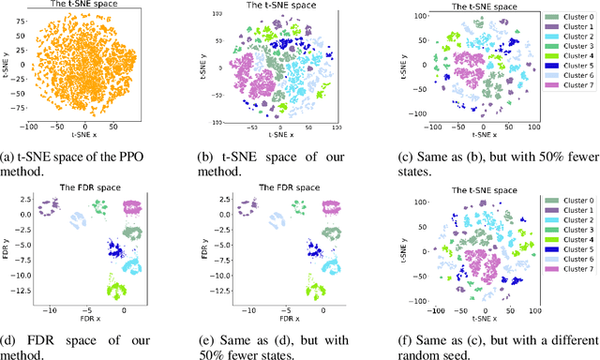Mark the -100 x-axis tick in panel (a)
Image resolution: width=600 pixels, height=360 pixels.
(x=31, y=125)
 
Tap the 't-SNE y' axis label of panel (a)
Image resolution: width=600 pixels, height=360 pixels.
(x=6, y=66)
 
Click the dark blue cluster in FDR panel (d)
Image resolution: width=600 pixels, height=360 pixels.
(x=117, y=250)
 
